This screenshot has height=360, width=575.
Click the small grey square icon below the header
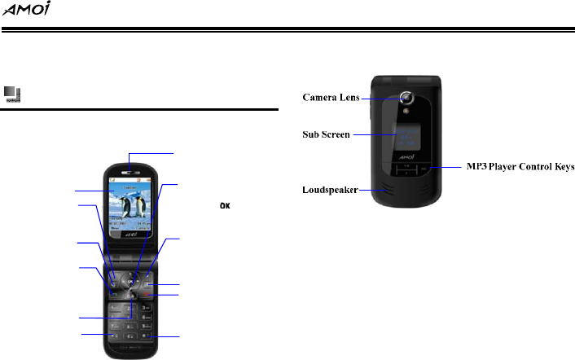[x=11, y=94]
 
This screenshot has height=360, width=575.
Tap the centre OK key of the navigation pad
[x=129, y=282]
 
